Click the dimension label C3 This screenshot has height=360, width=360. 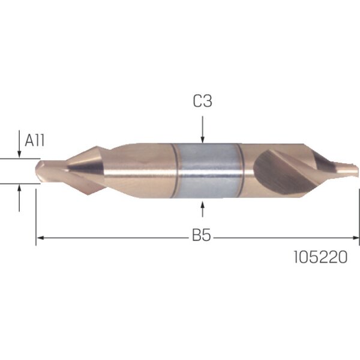pyautogui.click(x=203, y=101)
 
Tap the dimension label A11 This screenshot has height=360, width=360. pyautogui.click(x=34, y=140)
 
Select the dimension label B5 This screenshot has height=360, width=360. pyautogui.click(x=201, y=235)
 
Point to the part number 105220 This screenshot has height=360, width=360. pyautogui.click(x=320, y=257)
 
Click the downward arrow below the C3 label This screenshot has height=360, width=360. pyautogui.click(x=203, y=130)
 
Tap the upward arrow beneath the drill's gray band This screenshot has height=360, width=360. pyautogui.click(x=203, y=209)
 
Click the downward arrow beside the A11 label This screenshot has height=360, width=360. pyautogui.click(x=20, y=144)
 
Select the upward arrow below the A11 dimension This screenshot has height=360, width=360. pyautogui.click(x=20, y=198)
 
